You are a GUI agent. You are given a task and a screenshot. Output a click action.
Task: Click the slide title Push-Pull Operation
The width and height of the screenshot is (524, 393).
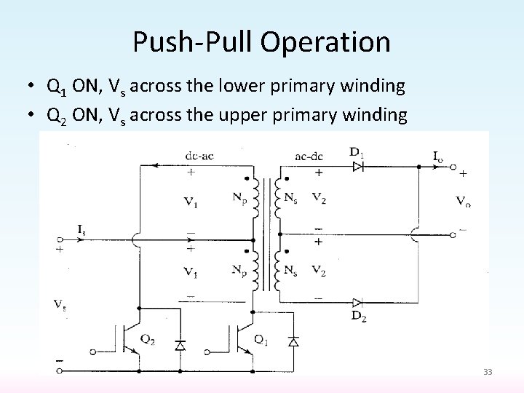(x=261, y=42)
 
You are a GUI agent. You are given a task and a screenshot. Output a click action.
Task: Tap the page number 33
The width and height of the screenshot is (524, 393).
(x=488, y=372)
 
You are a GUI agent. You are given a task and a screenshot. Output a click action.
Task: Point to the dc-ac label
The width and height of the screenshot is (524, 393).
(x=200, y=154)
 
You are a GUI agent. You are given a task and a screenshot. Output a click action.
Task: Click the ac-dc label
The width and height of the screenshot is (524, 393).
(x=310, y=154)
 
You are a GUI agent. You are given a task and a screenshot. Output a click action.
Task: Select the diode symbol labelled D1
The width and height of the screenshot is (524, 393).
(x=357, y=167)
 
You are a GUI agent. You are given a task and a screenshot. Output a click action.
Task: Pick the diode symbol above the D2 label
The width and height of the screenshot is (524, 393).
(x=357, y=302)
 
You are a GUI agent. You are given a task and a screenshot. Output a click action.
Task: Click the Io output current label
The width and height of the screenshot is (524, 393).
(x=437, y=155)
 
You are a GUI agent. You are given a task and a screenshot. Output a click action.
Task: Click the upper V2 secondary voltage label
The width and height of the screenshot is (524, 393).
(x=318, y=197)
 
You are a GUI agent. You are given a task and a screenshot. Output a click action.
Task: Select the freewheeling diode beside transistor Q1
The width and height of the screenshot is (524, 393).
(x=293, y=341)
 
